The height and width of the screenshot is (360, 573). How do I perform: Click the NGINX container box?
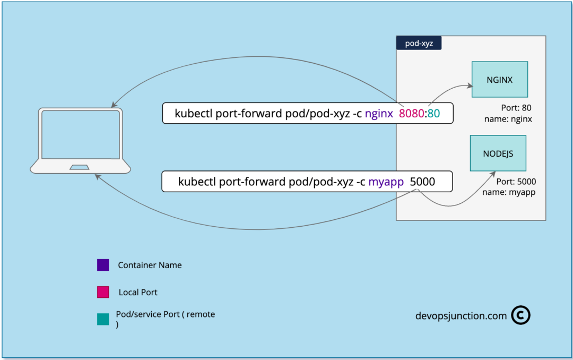click(499, 79)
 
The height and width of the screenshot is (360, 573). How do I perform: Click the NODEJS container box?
click(498, 153)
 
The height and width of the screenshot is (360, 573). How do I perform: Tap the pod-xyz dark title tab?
click(419, 44)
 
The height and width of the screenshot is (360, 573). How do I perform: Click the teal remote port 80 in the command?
click(433, 113)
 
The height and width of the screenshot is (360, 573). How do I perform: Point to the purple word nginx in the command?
click(379, 113)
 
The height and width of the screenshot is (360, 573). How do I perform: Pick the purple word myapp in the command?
click(383, 182)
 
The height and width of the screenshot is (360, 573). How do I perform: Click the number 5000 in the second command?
click(422, 182)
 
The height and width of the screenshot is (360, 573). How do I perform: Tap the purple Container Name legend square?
click(103, 265)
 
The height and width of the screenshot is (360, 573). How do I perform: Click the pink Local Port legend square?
click(103, 292)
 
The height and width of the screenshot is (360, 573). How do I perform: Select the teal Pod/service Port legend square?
click(103, 319)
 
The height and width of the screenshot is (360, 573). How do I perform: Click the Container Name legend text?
click(150, 265)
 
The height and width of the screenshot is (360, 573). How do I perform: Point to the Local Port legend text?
click(138, 292)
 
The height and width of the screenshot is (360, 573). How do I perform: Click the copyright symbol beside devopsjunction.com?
click(520, 315)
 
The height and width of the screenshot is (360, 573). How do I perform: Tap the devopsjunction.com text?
click(461, 316)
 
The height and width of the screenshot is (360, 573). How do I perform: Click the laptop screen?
click(81, 135)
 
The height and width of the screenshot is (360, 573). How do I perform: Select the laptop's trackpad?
click(80, 168)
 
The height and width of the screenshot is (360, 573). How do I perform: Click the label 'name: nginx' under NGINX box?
click(508, 119)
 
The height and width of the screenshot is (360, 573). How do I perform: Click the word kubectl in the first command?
click(194, 113)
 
